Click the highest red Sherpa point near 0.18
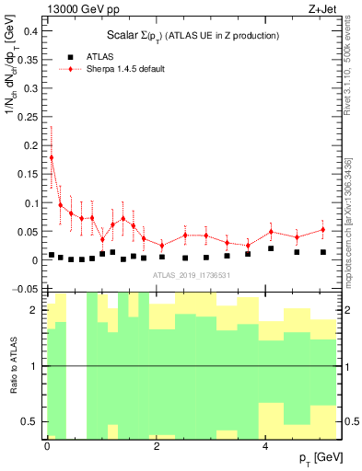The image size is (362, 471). click(52, 157)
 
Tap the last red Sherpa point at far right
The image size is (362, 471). click(323, 230)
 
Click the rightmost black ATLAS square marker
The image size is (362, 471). click(323, 252)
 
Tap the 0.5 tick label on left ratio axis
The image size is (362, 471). click(29, 421)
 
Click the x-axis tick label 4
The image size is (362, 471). click(265, 446)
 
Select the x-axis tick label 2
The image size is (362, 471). click(156, 446)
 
